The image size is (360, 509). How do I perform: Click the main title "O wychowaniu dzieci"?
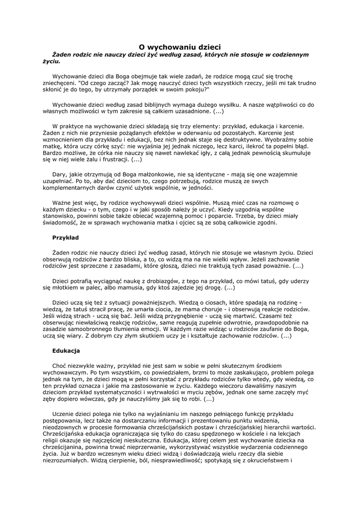pyautogui.click(x=180, y=47)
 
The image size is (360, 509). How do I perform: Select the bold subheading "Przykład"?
pyautogui.click(x=65, y=238)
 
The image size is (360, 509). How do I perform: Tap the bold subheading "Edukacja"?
pyautogui.click(x=66, y=350)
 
